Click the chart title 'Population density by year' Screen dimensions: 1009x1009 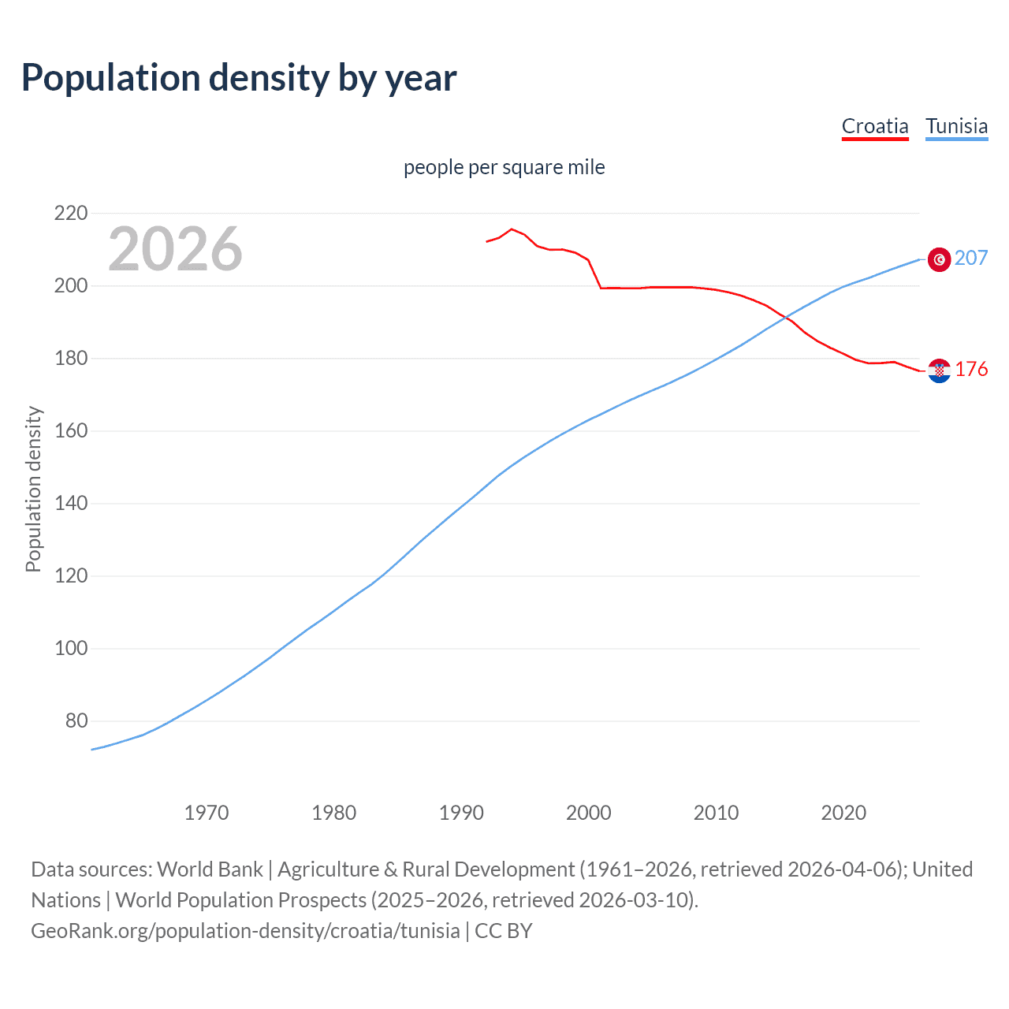[x=239, y=78]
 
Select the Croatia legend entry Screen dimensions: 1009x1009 [x=875, y=126]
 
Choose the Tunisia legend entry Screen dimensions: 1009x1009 [x=956, y=126]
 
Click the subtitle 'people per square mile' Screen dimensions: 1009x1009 [x=504, y=167]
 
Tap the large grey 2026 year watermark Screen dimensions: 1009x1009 [x=175, y=249]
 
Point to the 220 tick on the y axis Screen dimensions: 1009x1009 [x=71, y=213]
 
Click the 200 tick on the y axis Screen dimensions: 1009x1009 [x=71, y=285]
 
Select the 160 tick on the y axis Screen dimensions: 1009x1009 [x=71, y=431]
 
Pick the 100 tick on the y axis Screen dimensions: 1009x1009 [x=71, y=649]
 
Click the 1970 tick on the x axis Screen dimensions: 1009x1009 [x=207, y=813]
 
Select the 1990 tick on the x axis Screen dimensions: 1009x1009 [x=461, y=813]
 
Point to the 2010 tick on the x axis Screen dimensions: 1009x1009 [x=716, y=813]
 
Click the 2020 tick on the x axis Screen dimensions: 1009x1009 [x=843, y=813]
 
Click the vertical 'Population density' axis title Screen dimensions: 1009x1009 [x=33, y=489]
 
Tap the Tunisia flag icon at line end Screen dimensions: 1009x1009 [x=939, y=259]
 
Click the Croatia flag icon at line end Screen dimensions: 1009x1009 [x=939, y=370]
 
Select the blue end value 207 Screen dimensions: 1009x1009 [x=971, y=258]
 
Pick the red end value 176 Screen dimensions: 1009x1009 [x=971, y=369]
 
